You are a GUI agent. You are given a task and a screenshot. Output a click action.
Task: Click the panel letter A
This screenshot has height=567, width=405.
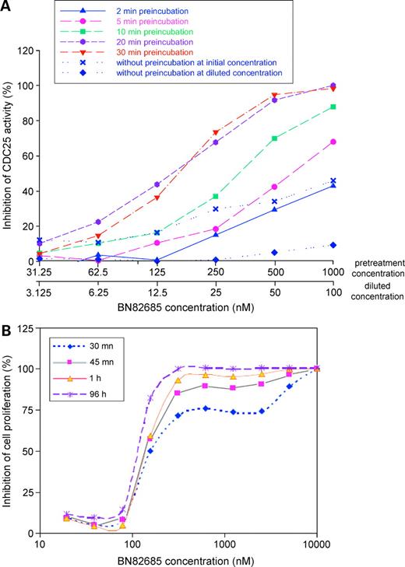point(9,8)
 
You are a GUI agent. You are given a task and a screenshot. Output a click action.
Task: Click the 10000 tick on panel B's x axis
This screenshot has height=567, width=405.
point(317,544)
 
